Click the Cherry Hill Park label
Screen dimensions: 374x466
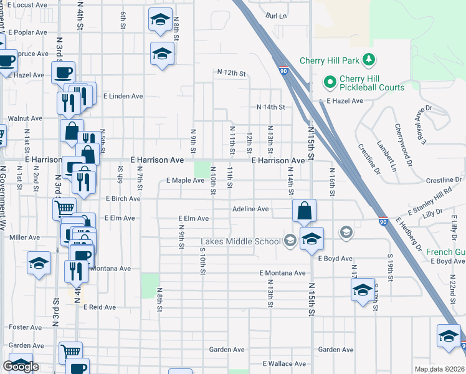330,60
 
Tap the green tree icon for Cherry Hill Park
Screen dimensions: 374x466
370,60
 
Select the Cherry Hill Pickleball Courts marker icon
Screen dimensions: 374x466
329,82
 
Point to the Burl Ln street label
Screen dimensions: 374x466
276,16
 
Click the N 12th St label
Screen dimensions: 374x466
232,74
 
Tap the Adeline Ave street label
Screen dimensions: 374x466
250,209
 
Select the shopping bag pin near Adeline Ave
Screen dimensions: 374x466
303,211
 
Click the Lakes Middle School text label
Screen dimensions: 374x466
240,242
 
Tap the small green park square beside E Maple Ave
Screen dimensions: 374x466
201,170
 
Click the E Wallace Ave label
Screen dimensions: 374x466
284,363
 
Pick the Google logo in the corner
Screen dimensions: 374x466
21,367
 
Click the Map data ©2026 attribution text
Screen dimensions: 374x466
440,369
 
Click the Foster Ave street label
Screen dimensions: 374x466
25,327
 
